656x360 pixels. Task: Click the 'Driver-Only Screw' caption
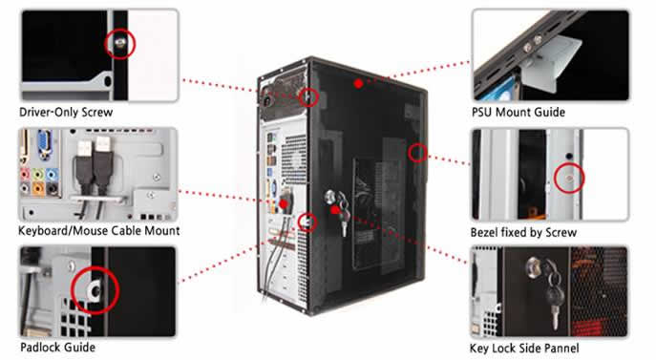(66, 112)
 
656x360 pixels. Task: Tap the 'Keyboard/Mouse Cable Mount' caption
(98, 231)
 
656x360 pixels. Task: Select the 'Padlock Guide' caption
(57, 347)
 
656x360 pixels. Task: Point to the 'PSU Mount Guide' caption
(518, 112)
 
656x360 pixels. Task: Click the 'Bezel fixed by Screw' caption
(523, 232)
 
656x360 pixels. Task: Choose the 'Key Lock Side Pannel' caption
(524, 349)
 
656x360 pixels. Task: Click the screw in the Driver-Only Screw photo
(120, 42)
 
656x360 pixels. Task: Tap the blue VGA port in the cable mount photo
(44, 143)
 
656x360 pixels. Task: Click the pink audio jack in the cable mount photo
(26, 173)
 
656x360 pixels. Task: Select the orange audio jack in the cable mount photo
(38, 189)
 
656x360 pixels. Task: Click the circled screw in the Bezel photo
(569, 179)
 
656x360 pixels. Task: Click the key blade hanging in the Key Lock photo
(555, 317)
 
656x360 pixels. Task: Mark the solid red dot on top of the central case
(358, 84)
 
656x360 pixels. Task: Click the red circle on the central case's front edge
(417, 153)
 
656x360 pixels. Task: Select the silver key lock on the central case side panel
(330, 196)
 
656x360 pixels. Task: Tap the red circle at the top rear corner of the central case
(308, 96)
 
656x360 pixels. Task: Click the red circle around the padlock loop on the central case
(307, 222)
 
